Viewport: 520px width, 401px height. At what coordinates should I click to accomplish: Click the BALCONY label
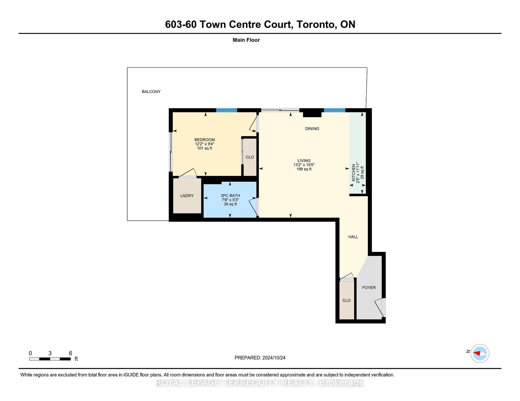[x=151, y=92]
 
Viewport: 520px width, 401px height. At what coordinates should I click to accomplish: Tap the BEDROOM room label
[x=204, y=140]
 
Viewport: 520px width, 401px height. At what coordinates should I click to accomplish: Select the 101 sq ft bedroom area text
[x=204, y=148]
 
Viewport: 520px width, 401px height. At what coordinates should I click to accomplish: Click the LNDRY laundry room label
[x=187, y=196]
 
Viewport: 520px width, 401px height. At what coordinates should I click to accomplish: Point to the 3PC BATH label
[x=230, y=196]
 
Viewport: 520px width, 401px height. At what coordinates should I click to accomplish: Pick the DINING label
[x=312, y=129]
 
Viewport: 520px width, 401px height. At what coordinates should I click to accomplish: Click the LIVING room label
[x=304, y=161]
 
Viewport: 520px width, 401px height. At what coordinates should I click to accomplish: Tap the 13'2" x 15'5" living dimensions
[x=304, y=165]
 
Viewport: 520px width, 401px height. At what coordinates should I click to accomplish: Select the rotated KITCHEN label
[x=354, y=173]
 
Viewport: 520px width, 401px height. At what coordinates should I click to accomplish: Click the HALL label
[x=353, y=237]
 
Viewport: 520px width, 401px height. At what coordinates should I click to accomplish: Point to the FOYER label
[x=369, y=287]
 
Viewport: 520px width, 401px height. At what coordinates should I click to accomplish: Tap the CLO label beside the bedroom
[x=250, y=157]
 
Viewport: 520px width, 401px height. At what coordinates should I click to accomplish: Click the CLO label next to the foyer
[x=346, y=300]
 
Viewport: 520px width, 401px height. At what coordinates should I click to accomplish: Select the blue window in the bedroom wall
[x=227, y=110]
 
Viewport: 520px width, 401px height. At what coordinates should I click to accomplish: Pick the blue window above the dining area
[x=334, y=110]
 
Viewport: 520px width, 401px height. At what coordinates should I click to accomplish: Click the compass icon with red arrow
[x=480, y=353]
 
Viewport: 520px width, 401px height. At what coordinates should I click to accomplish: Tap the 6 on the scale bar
[x=70, y=353]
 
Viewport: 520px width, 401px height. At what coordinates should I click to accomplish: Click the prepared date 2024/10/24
[x=274, y=358]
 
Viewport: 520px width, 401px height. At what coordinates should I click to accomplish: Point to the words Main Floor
[x=246, y=40]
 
